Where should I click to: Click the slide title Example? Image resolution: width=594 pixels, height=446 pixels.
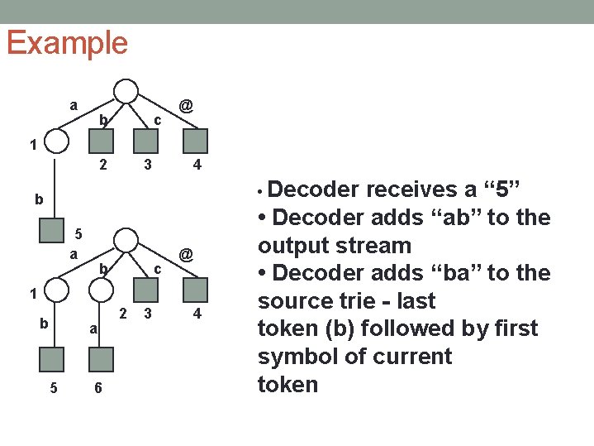pos(67,42)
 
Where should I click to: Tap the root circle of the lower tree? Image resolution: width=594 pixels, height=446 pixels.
pos(126,240)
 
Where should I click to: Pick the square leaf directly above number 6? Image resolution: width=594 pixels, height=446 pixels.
pos(101,358)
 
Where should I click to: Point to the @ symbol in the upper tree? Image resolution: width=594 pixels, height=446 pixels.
pos(187,106)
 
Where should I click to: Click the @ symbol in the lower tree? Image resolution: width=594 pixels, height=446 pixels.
pos(187,256)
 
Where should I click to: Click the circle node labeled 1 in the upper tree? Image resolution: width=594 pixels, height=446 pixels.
pos(56,141)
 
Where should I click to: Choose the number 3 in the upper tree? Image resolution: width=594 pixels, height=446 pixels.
pos(147,165)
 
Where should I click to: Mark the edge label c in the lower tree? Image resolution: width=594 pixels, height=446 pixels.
pos(156,270)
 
